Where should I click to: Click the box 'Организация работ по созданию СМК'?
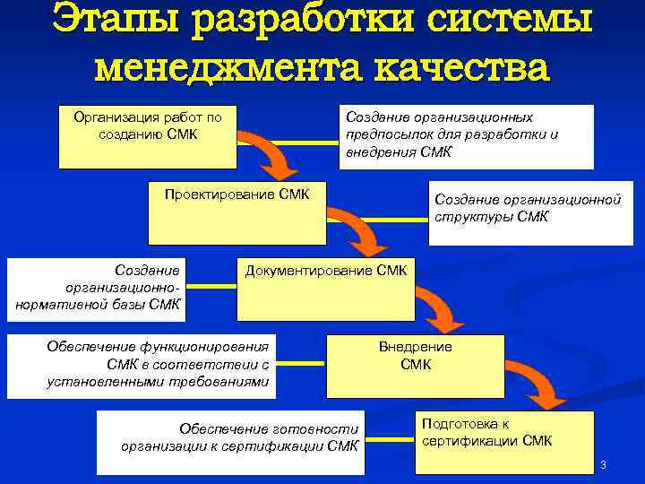coord(148,136)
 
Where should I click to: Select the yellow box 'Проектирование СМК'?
coord(237,213)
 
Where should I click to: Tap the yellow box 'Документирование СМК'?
coord(325,290)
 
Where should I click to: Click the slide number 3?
coord(604,465)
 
